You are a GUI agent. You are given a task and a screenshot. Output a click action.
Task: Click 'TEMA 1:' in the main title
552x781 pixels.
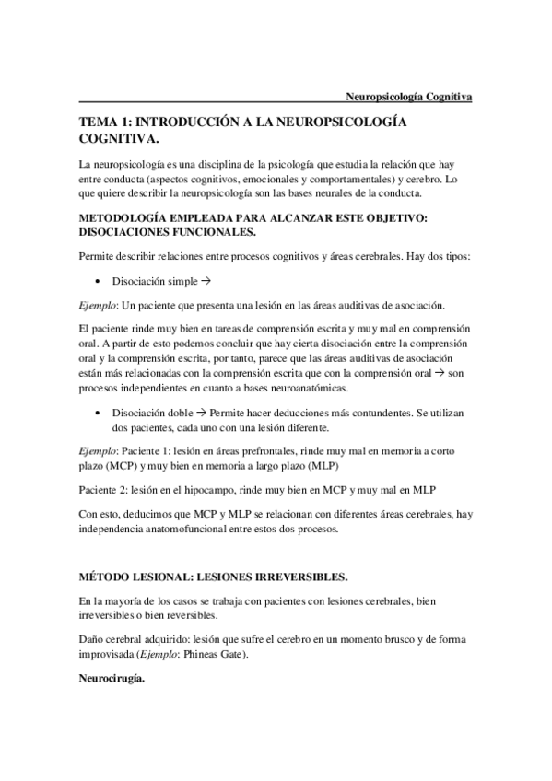106,122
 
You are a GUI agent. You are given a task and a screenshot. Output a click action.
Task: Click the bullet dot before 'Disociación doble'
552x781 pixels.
97,414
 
